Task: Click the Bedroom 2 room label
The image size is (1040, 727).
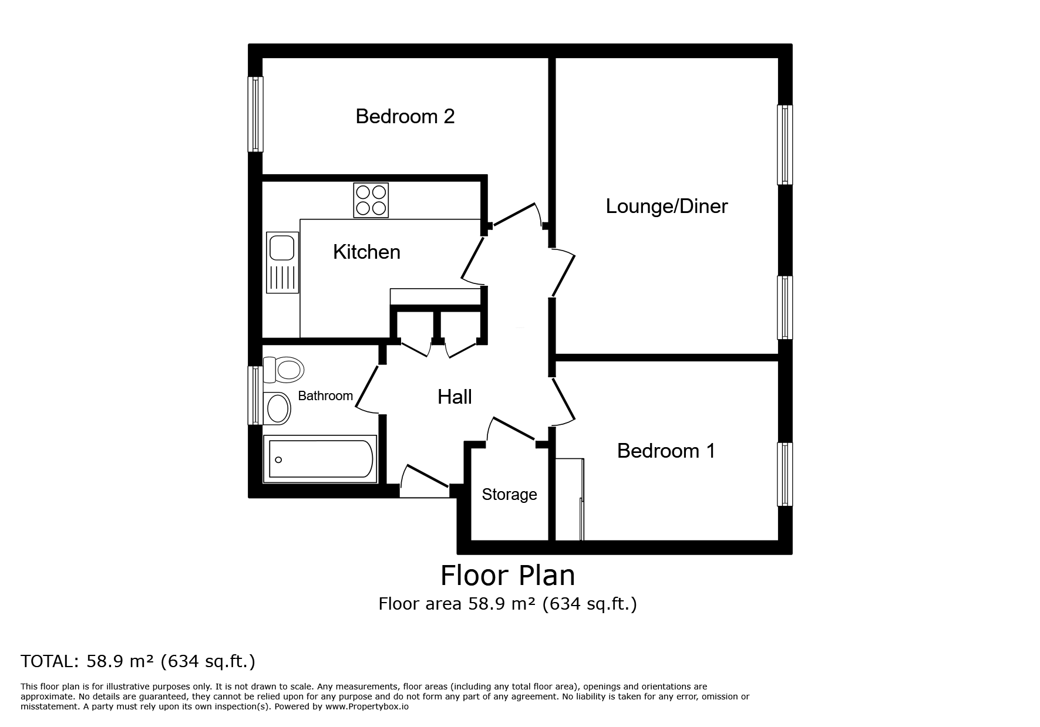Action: coord(405,116)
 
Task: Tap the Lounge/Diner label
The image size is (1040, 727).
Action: coord(667,206)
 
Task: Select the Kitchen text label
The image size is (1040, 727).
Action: coord(366,252)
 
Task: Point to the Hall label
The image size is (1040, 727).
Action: coord(455,397)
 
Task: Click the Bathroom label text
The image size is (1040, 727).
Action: coord(325,396)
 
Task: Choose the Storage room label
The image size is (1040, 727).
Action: coord(509,495)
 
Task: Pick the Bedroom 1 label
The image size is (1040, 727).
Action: coord(666,451)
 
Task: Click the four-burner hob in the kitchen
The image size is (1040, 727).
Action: coord(371,200)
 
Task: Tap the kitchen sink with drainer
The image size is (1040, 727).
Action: coord(282,262)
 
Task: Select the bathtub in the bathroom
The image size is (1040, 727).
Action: coord(320,459)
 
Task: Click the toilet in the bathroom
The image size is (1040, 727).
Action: coord(284,370)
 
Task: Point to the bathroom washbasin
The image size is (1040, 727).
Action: coord(277,408)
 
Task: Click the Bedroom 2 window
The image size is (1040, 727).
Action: coord(255,114)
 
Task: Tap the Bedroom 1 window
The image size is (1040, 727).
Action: coord(785,474)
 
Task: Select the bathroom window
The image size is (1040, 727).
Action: coord(255,395)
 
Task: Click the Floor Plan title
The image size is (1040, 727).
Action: coord(508,576)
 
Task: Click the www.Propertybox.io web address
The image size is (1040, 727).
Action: coord(367,707)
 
